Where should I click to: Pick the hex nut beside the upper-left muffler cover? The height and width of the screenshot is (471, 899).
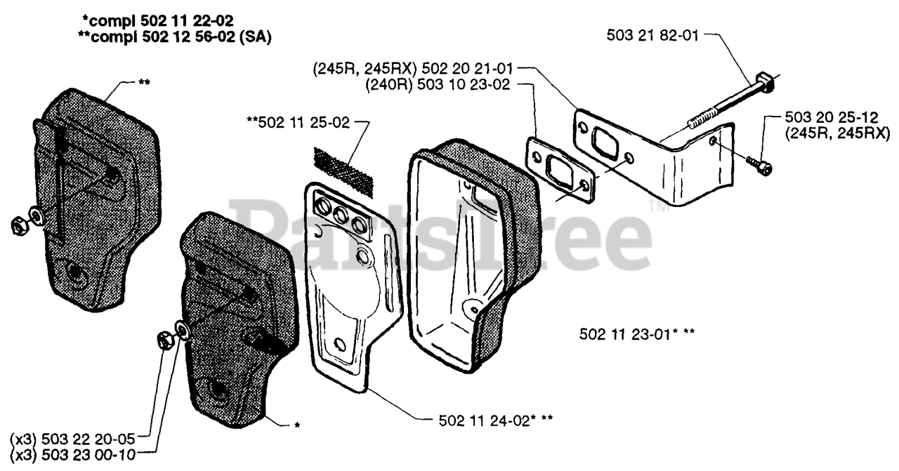(20, 224)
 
